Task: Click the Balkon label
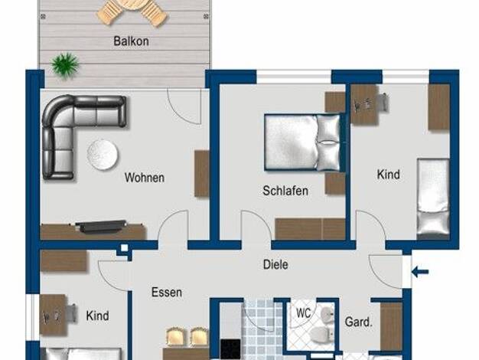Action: click(131, 41)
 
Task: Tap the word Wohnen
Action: click(144, 178)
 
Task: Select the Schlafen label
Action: click(285, 191)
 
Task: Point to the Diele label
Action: click(275, 264)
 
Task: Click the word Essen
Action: click(167, 293)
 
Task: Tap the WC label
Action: click(303, 313)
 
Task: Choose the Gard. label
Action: click(359, 322)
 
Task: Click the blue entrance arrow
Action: click(420, 271)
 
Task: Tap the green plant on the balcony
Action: click(65, 65)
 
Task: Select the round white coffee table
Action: click(103, 155)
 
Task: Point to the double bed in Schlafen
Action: click(303, 142)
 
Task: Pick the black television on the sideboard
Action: click(101, 226)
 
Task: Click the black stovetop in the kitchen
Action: click(230, 349)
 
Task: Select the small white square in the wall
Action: click(124, 247)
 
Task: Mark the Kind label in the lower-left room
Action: click(97, 316)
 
